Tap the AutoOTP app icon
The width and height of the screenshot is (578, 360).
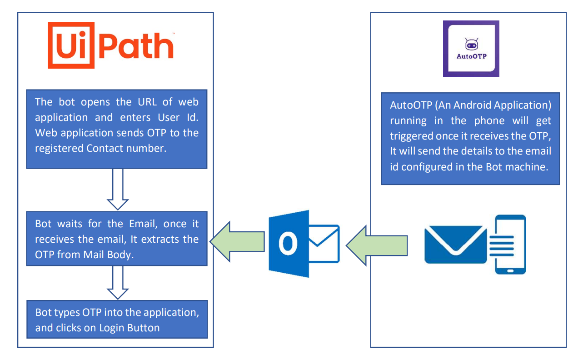[471, 49]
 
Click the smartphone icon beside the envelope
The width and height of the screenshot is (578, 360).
[510, 245]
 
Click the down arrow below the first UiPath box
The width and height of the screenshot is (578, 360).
[118, 189]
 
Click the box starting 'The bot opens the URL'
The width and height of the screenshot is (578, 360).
[117, 129]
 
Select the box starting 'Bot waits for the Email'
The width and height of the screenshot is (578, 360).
[117, 238]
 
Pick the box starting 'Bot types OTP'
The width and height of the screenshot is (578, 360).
[117, 319]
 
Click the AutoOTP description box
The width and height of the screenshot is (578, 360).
[470, 139]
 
